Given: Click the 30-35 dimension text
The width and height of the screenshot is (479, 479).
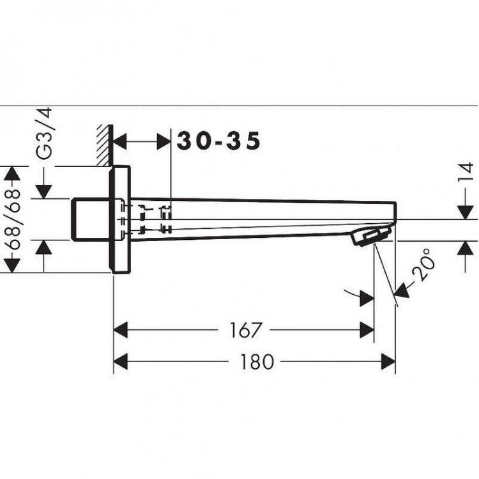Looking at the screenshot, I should (219, 141).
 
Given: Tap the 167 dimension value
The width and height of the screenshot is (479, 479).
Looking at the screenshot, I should (245, 330).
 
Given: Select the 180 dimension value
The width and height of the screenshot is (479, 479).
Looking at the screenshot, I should (257, 362).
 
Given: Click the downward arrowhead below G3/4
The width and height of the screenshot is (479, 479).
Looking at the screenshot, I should (44, 191).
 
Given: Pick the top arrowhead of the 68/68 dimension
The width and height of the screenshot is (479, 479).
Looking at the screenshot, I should (13, 173).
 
